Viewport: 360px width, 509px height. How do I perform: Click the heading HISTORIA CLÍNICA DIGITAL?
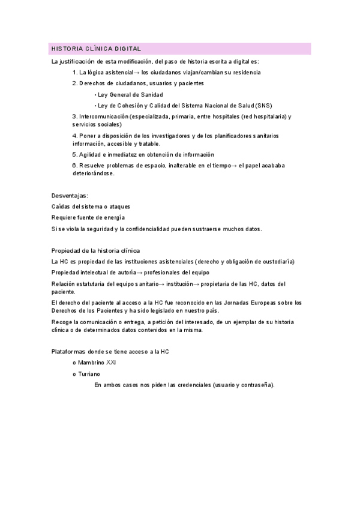[x=96, y=49]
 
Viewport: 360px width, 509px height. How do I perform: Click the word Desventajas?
[x=70, y=196]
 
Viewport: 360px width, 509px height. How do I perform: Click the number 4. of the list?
[x=74, y=136]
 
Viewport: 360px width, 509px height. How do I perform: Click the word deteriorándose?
[x=92, y=173]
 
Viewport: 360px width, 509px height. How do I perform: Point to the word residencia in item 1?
[x=243, y=73]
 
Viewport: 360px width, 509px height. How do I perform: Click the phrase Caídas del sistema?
[x=78, y=206]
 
